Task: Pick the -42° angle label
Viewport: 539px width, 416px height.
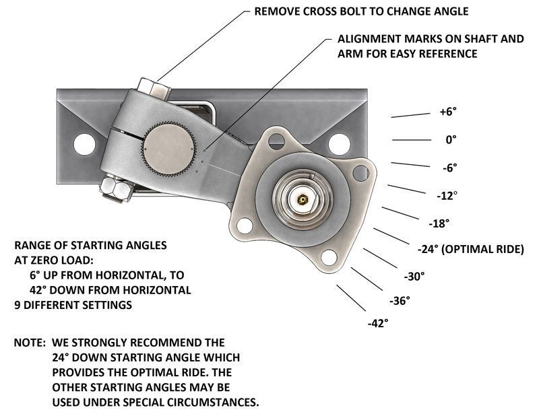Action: coord(378,323)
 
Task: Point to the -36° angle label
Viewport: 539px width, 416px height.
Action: coord(400,301)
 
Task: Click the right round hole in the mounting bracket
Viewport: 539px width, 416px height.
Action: coord(334,143)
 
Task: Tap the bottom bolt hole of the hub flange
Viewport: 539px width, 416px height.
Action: coord(329,257)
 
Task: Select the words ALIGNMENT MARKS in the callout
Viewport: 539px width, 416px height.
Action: coord(381,38)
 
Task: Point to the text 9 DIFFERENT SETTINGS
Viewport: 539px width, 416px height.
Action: coord(73,304)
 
